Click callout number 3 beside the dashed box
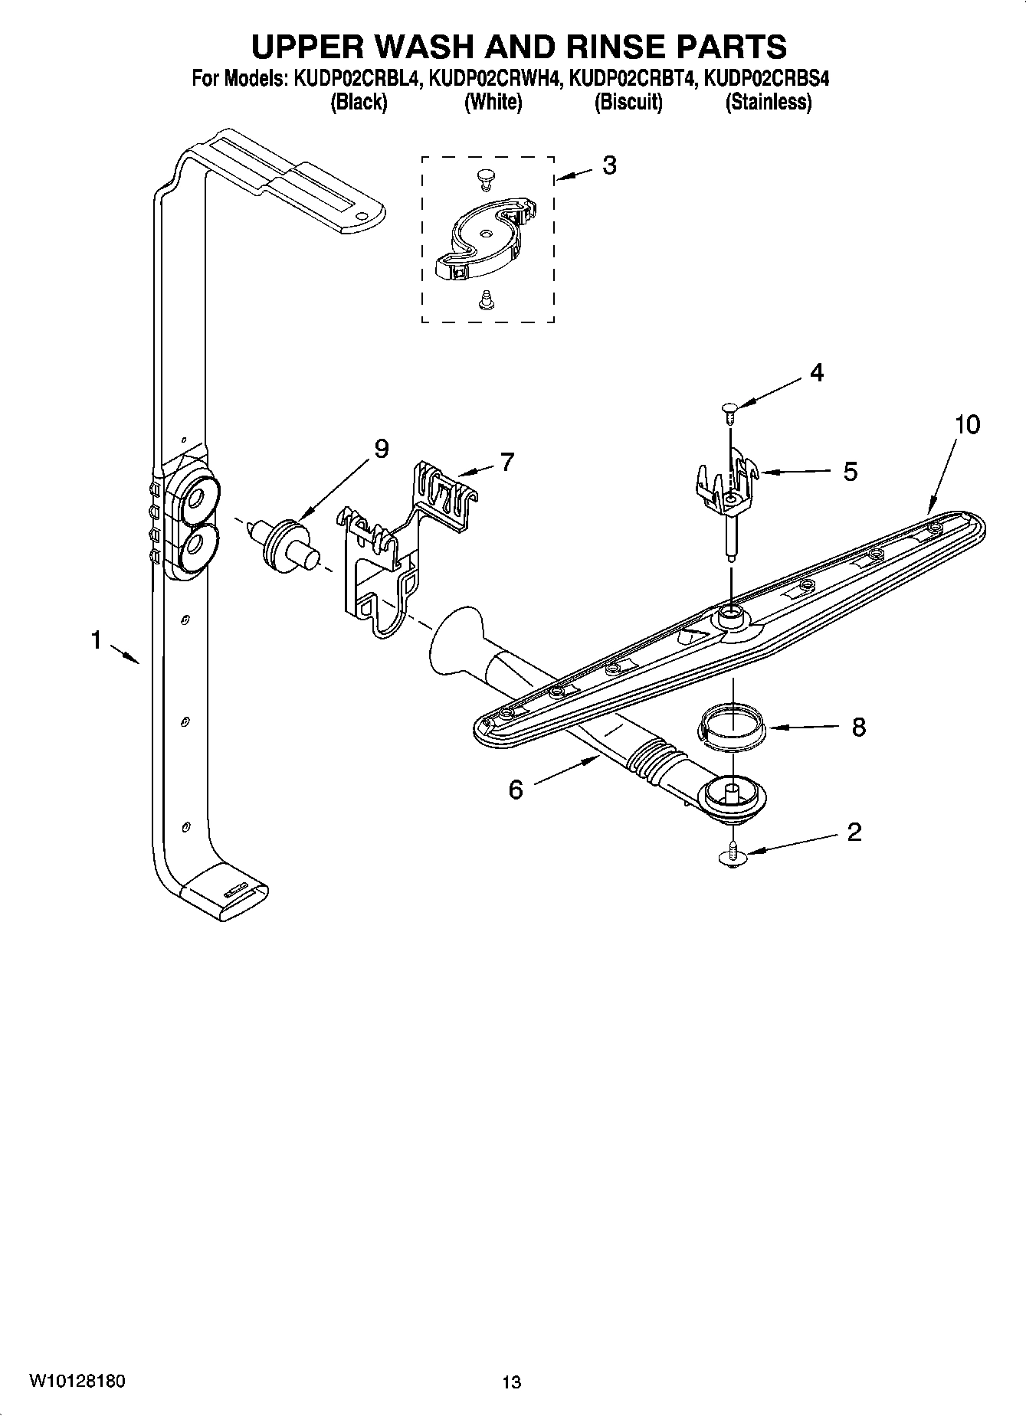coord(609,165)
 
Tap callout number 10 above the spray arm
coord(967,424)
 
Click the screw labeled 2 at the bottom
coord(734,855)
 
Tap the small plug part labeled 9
coord(288,542)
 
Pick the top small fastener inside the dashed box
coord(484,178)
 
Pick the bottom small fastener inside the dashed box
coord(484,300)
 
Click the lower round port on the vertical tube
coord(194,545)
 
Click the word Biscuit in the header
coord(628,102)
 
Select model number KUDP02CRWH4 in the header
coord(493,78)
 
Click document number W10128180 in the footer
coord(77,1381)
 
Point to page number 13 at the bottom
coord(511,1382)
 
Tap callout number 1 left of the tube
coord(97,639)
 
